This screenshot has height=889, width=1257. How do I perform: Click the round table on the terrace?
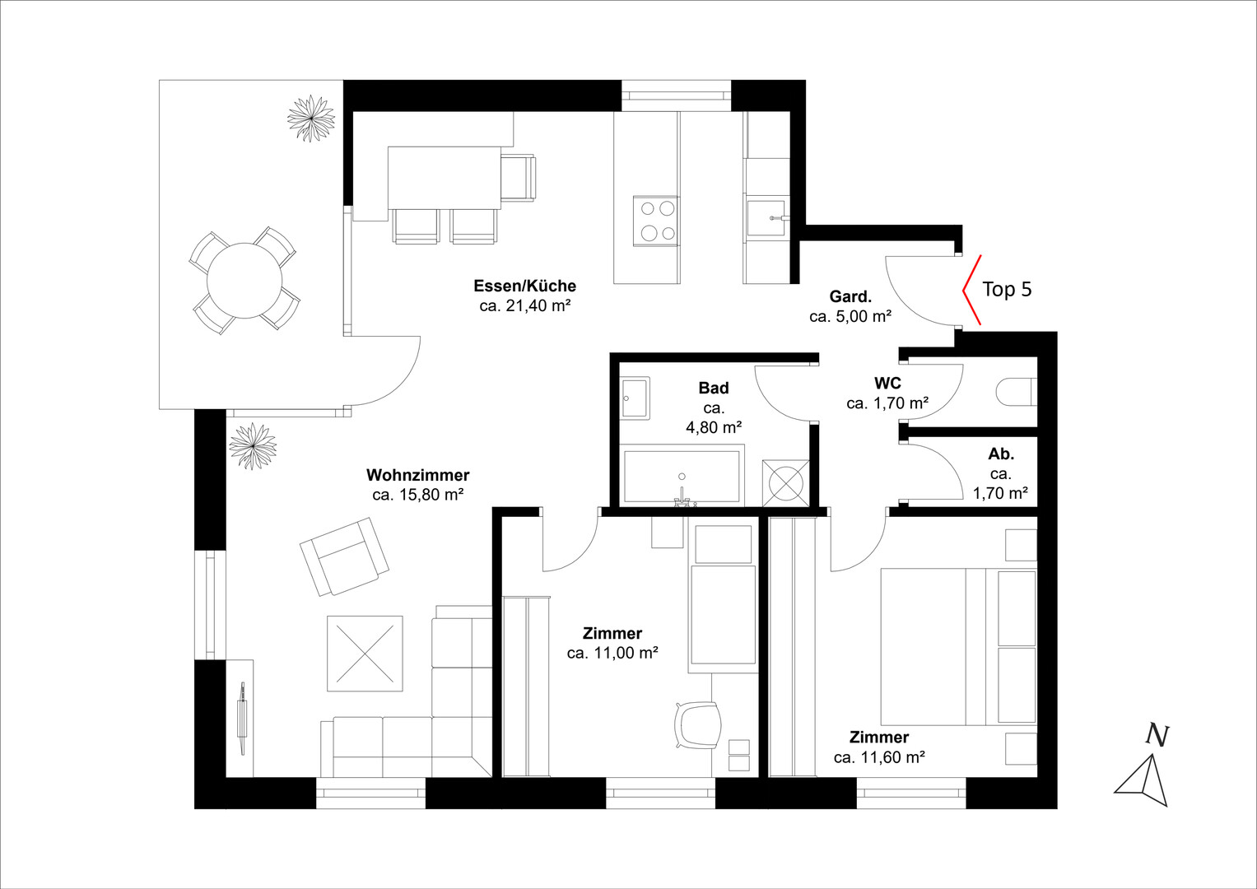[x=244, y=280]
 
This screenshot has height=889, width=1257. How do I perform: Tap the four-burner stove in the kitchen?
[x=657, y=221]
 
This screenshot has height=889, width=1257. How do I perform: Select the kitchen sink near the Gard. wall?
[x=766, y=218]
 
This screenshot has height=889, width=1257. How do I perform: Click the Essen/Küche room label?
[x=524, y=286]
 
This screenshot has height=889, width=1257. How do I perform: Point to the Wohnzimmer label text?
[x=417, y=475]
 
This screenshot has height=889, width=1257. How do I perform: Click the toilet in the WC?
[x=1017, y=391]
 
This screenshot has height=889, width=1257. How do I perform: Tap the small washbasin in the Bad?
[x=635, y=398]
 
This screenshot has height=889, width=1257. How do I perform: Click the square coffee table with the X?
[x=365, y=654]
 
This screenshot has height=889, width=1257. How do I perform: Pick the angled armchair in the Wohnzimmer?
[x=343, y=556]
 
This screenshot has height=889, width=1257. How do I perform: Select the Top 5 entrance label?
[x=1007, y=289]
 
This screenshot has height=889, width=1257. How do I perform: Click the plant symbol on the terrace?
[x=311, y=119]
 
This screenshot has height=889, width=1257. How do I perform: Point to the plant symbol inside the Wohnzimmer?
[x=253, y=446]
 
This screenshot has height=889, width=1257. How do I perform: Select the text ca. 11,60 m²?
[x=879, y=757]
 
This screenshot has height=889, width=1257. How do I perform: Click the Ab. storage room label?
[x=1000, y=454]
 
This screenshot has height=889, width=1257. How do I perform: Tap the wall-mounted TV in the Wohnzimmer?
[x=242, y=719]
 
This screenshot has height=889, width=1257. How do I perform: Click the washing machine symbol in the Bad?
[x=785, y=482]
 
